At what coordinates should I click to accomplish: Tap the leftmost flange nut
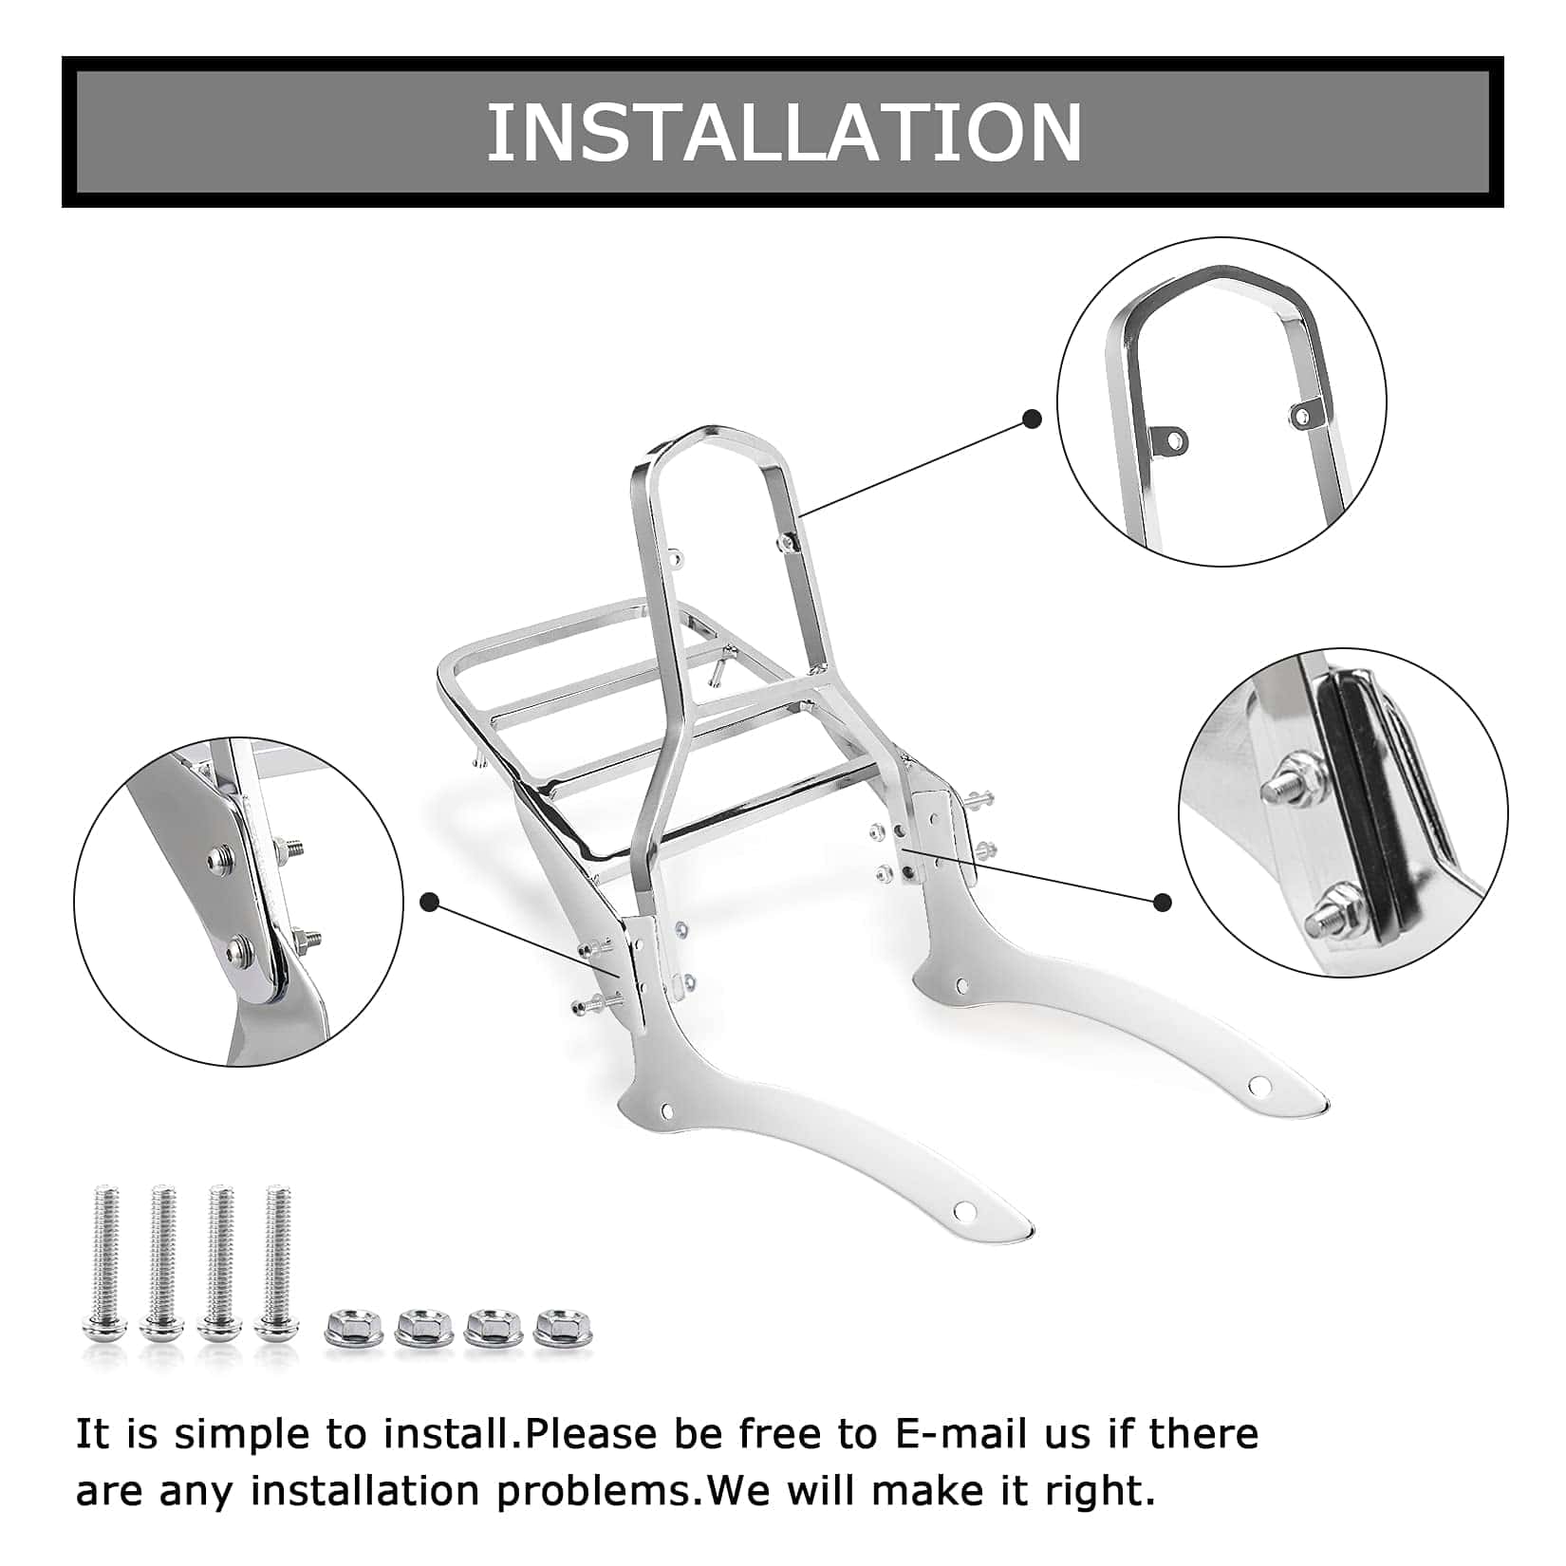coord(352,1327)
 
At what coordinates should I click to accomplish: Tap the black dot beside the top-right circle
coord(1033,419)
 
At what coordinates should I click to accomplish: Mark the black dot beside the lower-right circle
coord(1163,903)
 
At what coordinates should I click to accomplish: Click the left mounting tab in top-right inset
coord(1170,438)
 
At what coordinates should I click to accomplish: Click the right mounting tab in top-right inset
coord(1306,412)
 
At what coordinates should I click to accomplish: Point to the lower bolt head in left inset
coord(237,949)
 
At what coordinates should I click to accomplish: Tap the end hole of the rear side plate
coord(1260,1083)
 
